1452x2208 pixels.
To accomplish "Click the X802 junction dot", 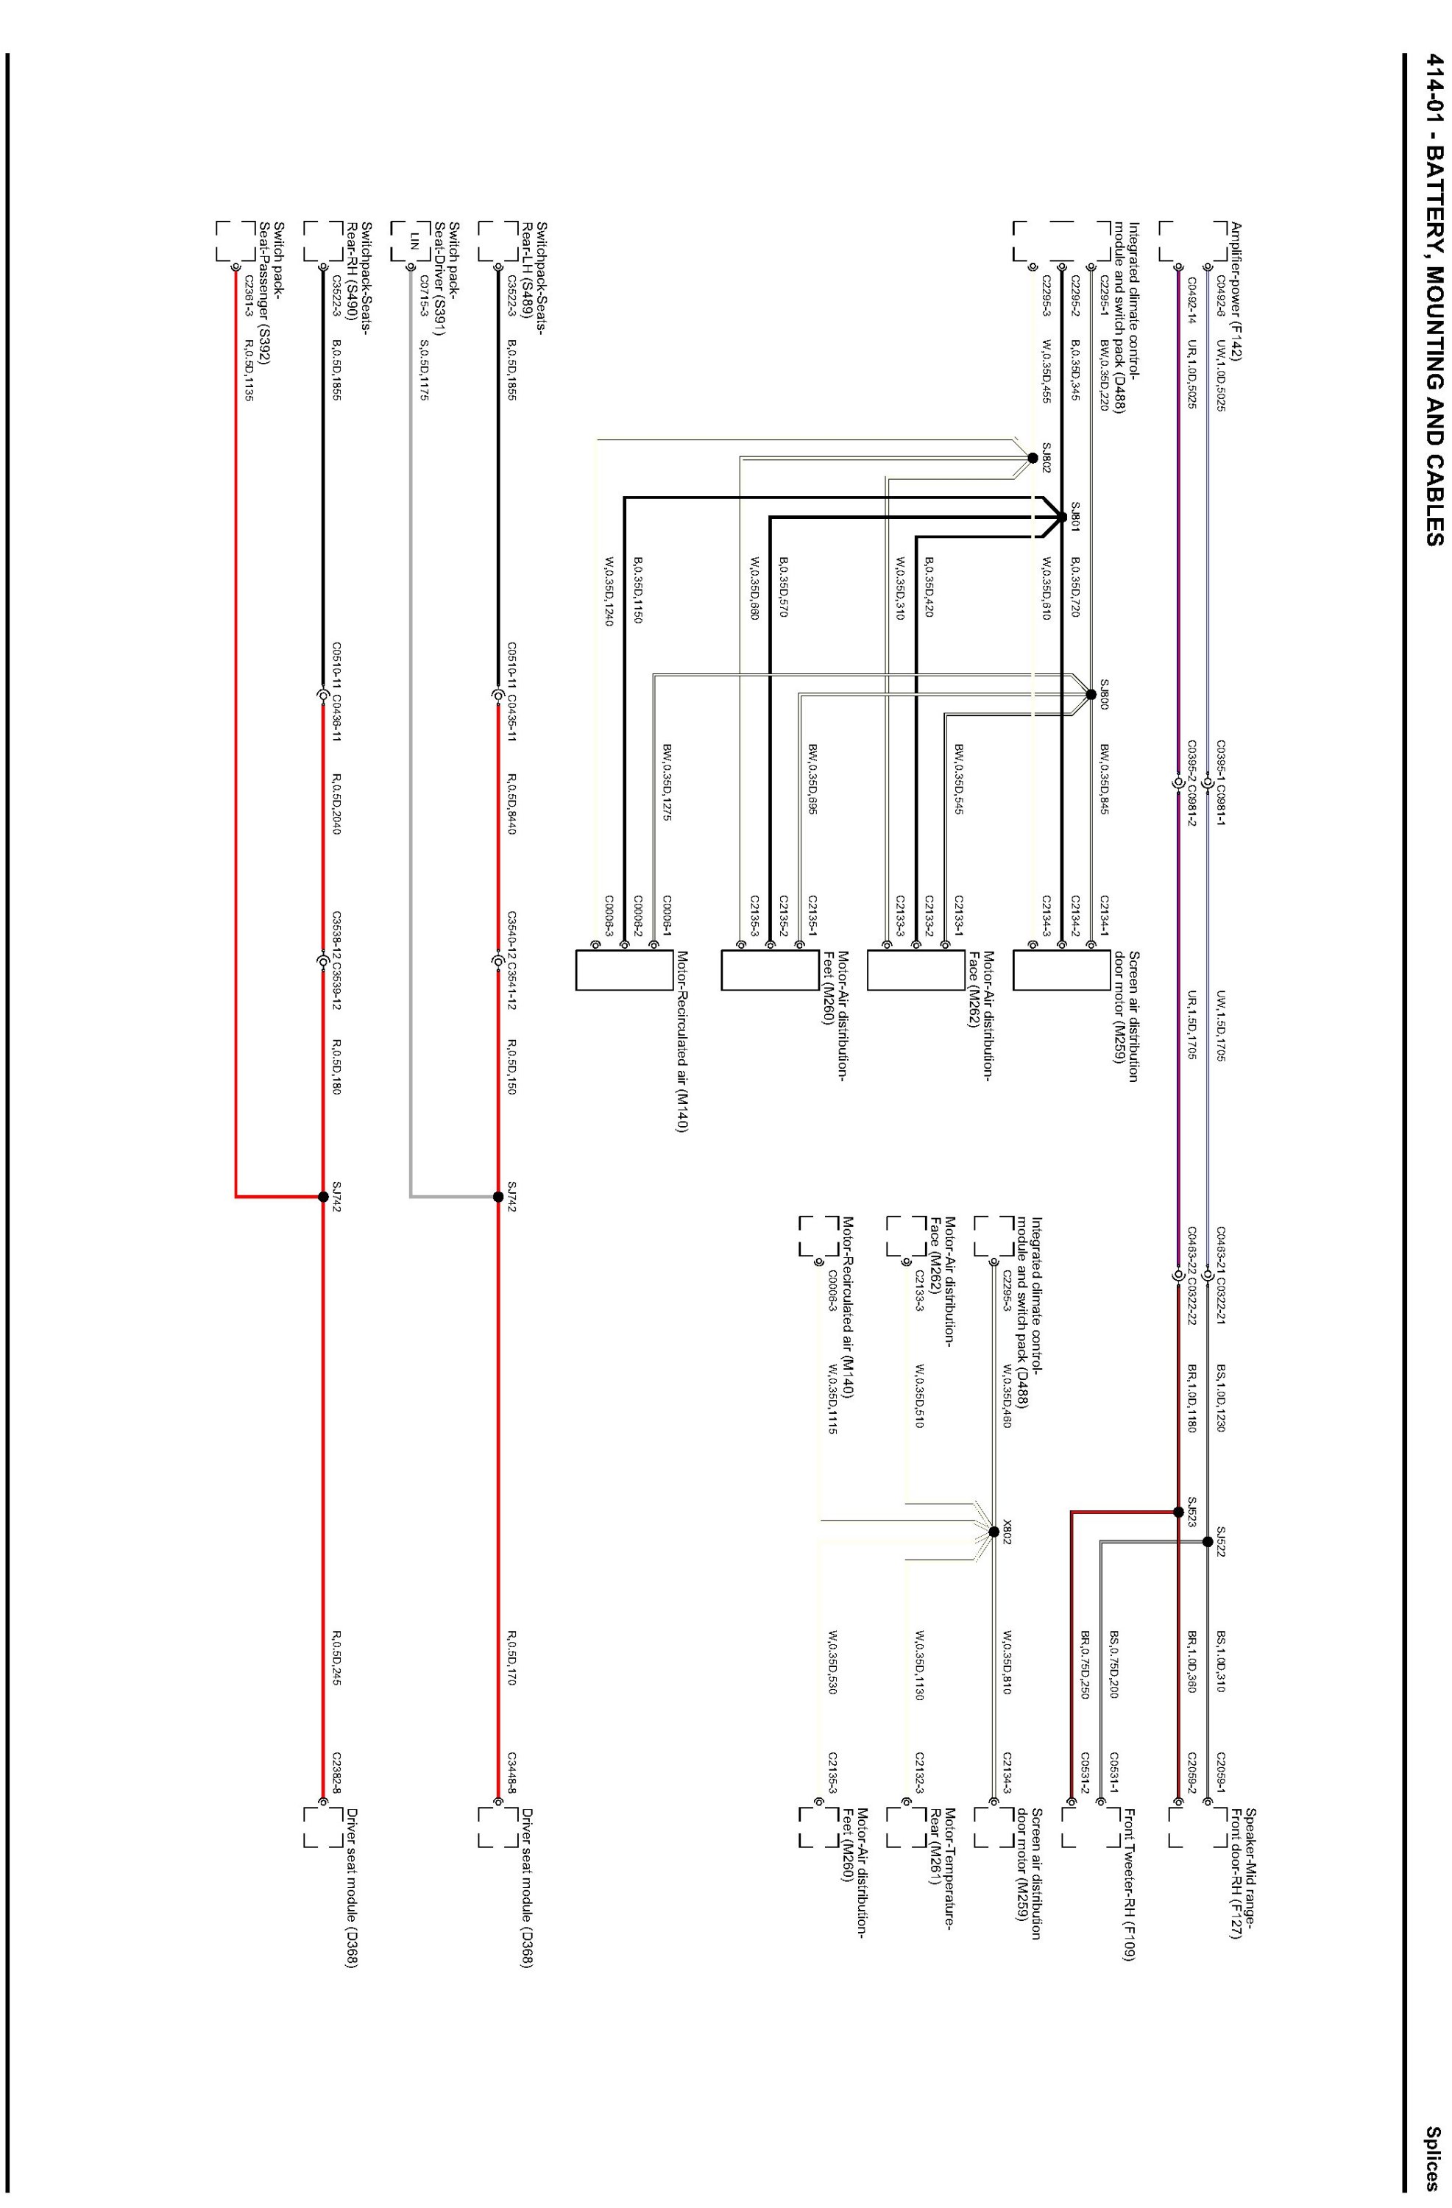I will tap(994, 1532).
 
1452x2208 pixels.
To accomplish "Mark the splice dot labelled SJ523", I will tap(1178, 1512).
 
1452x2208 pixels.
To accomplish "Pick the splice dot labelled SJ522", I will tap(1207, 1542).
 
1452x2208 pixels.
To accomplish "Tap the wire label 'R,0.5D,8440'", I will tap(512, 802).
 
